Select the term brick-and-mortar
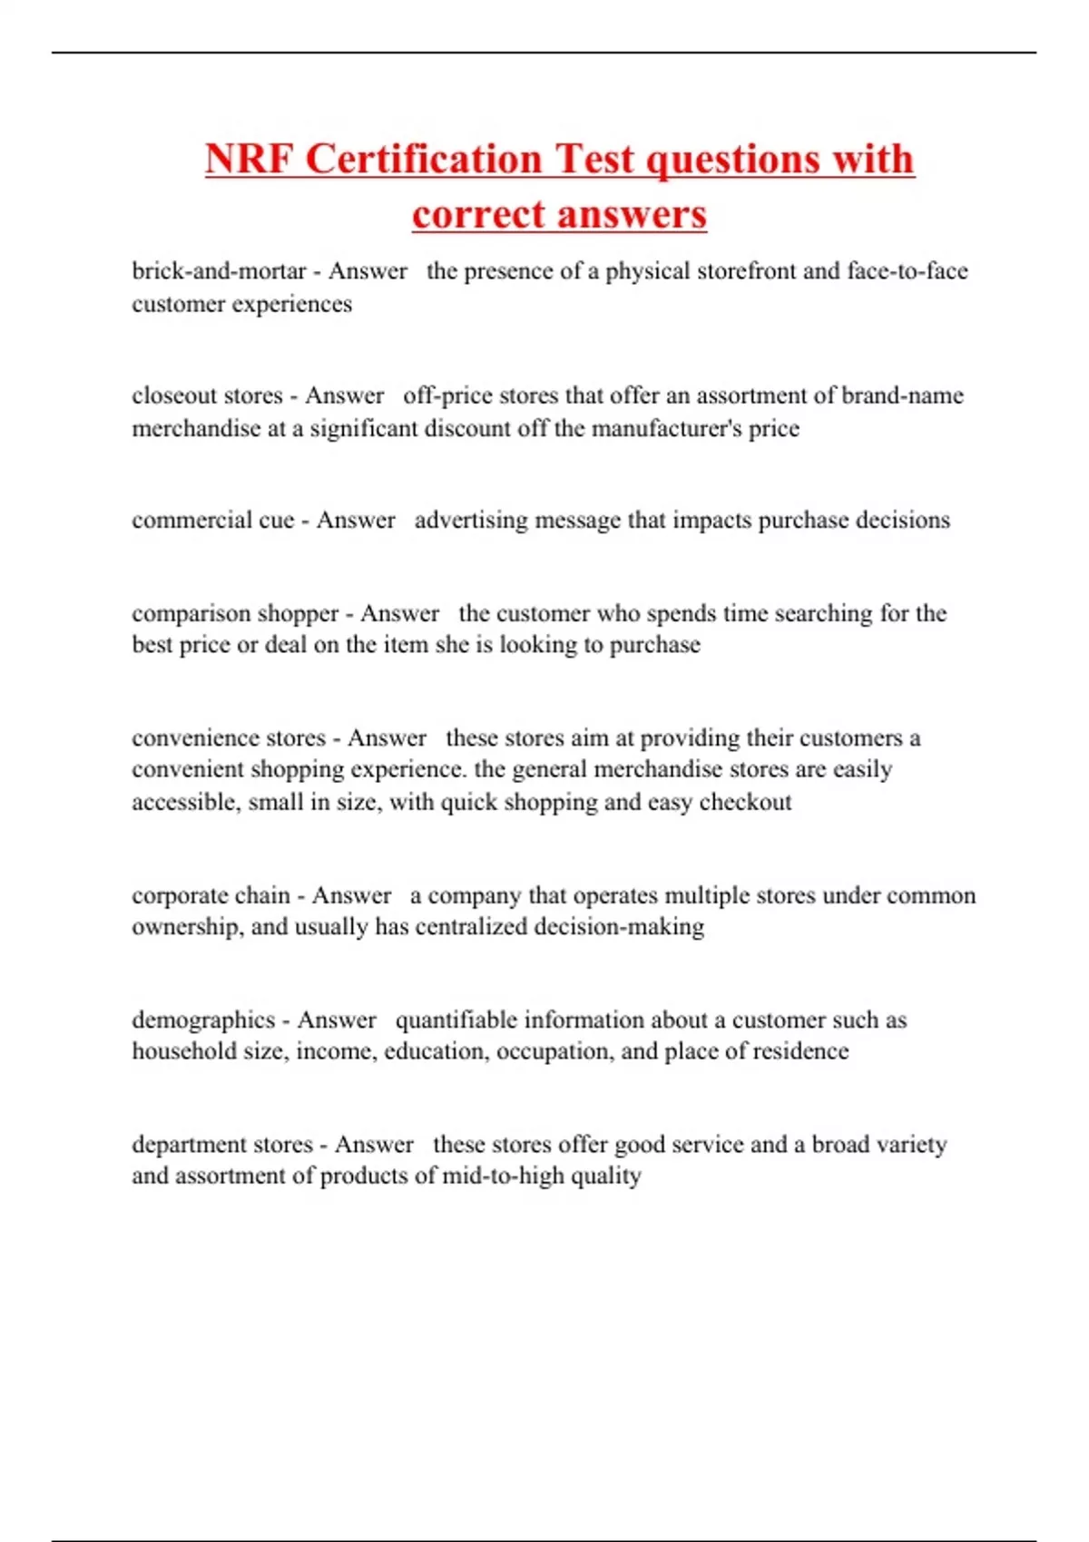tap(219, 271)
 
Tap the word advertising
tap(471, 521)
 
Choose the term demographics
tap(203, 1020)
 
